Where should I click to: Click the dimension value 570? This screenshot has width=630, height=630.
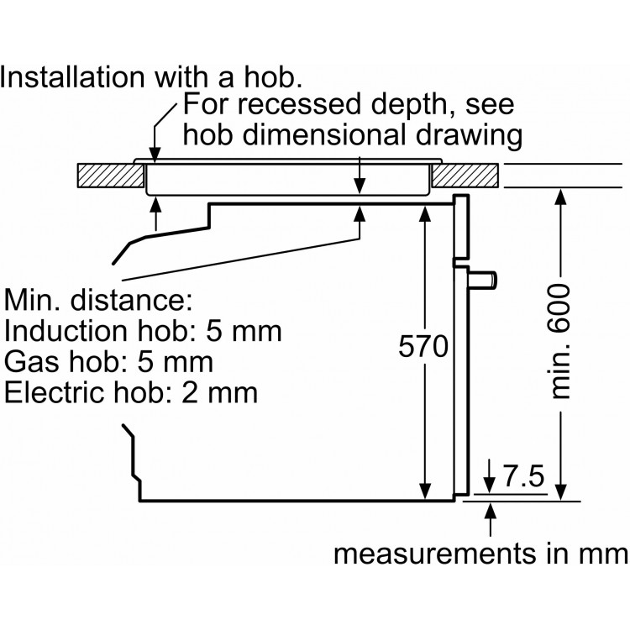point(418,346)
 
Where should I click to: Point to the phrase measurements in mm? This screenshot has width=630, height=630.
point(480,555)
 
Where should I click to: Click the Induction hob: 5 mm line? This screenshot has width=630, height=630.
point(143,330)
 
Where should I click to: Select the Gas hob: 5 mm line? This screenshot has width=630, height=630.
point(108,361)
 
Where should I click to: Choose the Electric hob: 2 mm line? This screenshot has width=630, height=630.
point(131,392)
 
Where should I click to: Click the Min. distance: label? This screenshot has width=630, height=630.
point(100,299)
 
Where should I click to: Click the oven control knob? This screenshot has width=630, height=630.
point(485,276)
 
